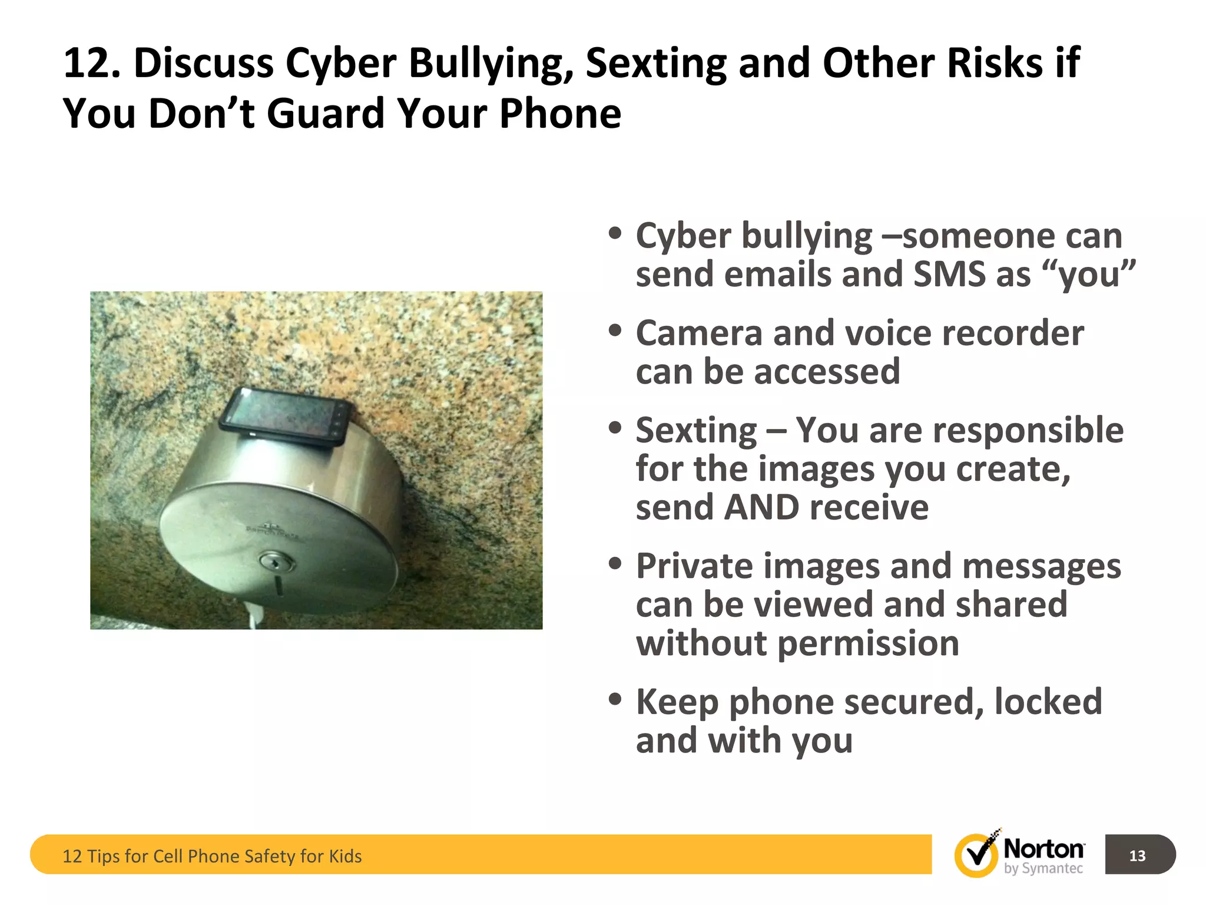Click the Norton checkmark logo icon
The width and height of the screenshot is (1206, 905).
[x=976, y=855]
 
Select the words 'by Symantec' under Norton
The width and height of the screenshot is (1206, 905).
[x=1043, y=868]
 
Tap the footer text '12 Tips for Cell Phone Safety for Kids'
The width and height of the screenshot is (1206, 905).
[x=212, y=856]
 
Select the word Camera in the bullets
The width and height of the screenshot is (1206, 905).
[x=699, y=333]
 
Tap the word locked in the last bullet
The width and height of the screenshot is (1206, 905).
[x=1048, y=702]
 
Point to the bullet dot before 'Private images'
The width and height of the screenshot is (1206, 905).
[x=615, y=564]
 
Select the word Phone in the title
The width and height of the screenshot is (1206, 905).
[x=560, y=113]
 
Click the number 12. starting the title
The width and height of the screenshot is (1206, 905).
[x=92, y=64]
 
